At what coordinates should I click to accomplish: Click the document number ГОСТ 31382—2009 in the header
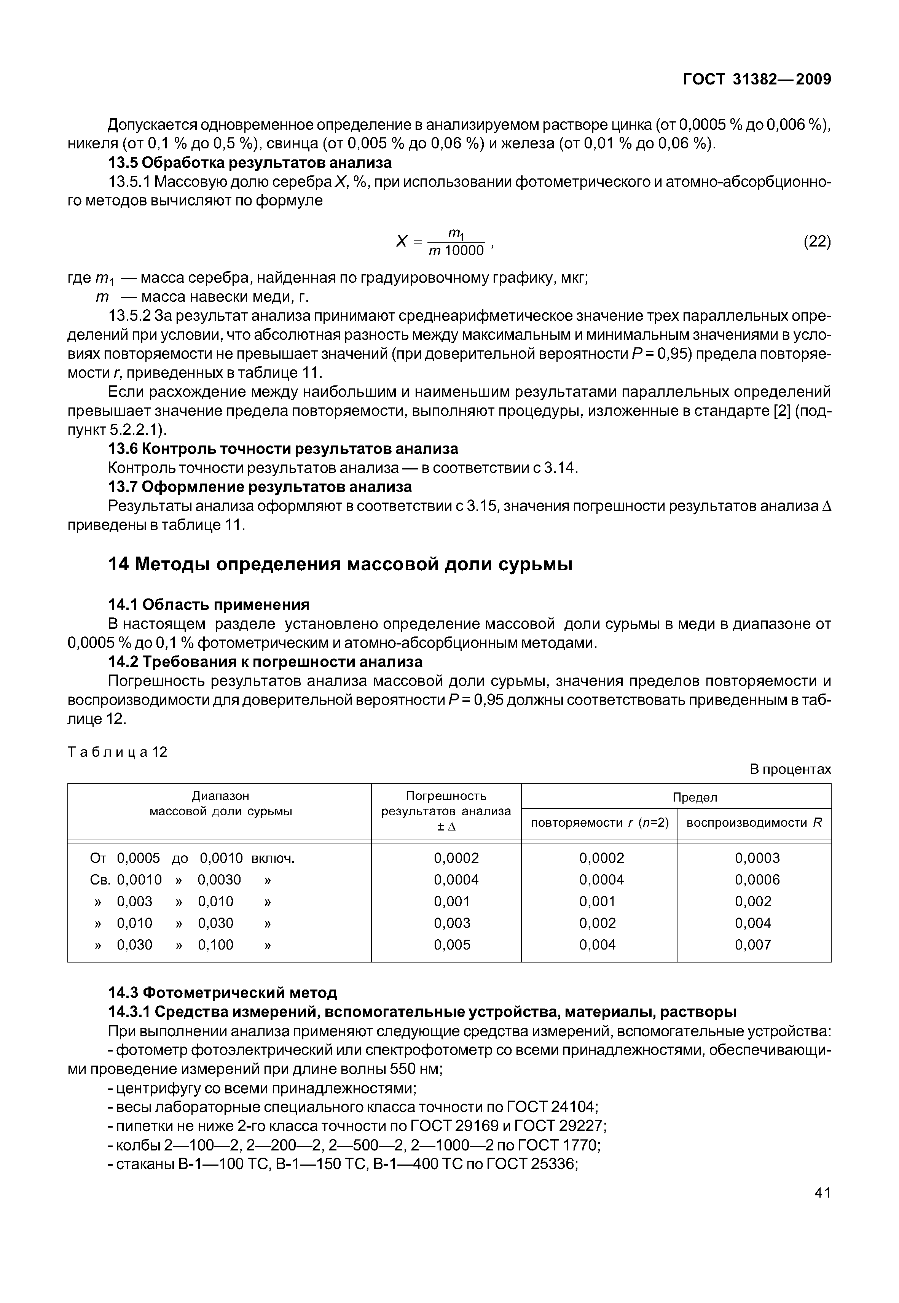click(x=757, y=80)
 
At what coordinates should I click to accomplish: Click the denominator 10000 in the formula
click(x=464, y=251)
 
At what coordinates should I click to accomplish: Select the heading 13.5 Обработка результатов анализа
click(x=250, y=163)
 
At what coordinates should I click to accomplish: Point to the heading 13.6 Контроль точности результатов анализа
click(x=283, y=449)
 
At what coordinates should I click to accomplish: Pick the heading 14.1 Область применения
click(x=209, y=605)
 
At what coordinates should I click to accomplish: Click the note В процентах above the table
click(x=790, y=769)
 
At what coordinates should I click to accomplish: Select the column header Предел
click(x=695, y=797)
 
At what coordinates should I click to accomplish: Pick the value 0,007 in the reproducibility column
click(x=753, y=945)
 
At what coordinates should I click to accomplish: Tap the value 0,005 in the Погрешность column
click(x=452, y=945)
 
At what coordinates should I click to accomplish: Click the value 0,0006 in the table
click(x=757, y=880)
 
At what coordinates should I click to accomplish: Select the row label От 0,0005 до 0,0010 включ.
click(x=193, y=858)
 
